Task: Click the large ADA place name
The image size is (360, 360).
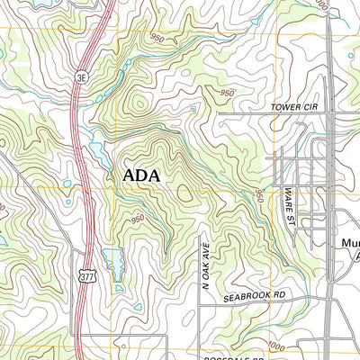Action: tap(140, 175)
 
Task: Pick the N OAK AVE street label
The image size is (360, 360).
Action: tap(205, 258)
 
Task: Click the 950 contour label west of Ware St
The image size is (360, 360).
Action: tap(260, 196)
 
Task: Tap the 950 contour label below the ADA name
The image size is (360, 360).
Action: tap(137, 219)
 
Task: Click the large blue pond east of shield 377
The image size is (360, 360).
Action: tap(113, 261)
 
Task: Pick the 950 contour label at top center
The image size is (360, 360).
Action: tap(157, 38)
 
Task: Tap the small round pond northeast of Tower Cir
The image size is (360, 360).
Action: tap(350, 56)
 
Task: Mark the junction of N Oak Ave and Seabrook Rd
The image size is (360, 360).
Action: tap(199, 303)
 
